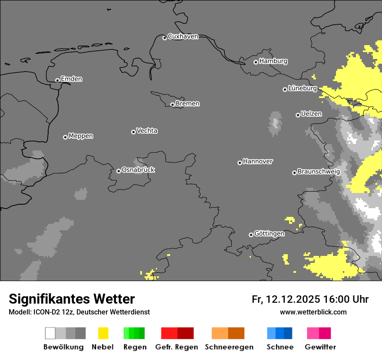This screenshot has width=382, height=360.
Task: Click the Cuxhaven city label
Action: point(183,36)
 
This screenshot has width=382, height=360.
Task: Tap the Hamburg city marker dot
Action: point(256,62)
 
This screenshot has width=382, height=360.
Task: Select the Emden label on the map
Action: point(71,79)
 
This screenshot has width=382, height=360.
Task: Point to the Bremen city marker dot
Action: point(172,105)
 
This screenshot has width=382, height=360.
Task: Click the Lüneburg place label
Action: point(302,88)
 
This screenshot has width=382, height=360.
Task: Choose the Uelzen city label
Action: point(311,114)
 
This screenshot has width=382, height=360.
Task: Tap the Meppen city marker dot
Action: point(65,137)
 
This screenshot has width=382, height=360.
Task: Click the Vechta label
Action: point(147,131)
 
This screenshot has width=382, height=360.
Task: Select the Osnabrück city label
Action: point(138,170)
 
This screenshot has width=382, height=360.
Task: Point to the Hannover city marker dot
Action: point(240,163)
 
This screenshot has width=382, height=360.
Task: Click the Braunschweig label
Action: point(319,171)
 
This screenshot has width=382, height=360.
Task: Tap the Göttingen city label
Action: point(269,233)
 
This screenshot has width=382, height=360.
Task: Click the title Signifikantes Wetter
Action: point(72,299)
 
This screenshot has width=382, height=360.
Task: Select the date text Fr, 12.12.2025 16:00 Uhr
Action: point(310,299)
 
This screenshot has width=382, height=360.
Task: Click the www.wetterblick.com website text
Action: point(313,312)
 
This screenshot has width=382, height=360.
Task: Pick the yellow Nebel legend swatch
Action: point(103,333)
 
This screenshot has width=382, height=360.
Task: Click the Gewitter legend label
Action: point(320,347)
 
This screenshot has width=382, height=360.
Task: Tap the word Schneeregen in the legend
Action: point(229,347)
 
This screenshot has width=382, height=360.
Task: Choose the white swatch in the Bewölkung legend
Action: point(50,333)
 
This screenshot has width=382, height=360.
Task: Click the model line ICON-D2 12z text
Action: point(79,312)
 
